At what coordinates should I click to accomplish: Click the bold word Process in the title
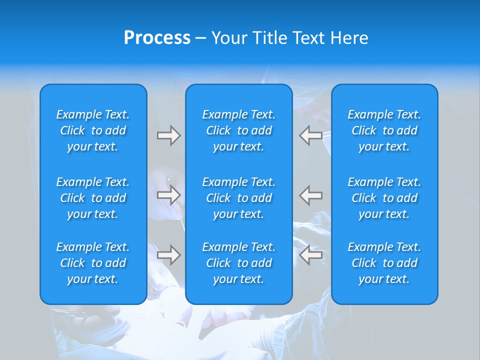[x=157, y=38]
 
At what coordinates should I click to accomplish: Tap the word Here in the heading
[x=349, y=38]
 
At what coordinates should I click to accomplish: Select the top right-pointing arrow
[x=168, y=135]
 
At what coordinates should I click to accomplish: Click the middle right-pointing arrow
[x=168, y=195]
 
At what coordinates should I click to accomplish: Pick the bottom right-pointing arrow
[x=168, y=255]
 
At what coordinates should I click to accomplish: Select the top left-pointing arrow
[x=311, y=135]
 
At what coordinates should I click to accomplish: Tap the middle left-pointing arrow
[x=311, y=195]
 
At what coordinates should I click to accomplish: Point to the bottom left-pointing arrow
[x=311, y=255]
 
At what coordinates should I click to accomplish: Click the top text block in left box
[x=93, y=130]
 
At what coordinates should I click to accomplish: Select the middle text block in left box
[x=93, y=198]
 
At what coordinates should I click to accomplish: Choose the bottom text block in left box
[x=93, y=263]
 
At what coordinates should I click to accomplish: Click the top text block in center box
[x=239, y=130]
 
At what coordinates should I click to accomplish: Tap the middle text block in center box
[x=239, y=198]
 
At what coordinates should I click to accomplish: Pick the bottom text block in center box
[x=239, y=263]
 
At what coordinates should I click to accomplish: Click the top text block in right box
[x=384, y=130]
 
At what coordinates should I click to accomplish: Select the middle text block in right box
[x=384, y=198]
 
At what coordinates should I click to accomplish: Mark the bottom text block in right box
[x=384, y=263]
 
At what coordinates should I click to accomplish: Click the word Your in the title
[x=228, y=38]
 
